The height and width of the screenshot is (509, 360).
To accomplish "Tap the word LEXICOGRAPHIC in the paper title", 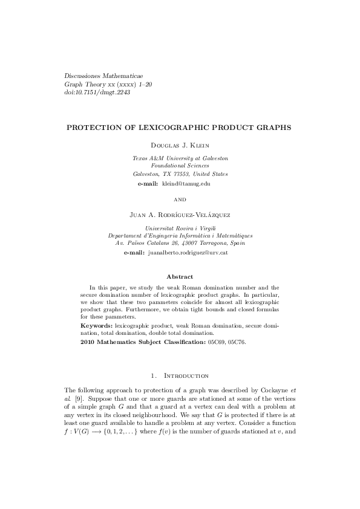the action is tap(166, 128).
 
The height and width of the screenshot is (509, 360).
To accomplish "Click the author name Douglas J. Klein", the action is tap(180, 145).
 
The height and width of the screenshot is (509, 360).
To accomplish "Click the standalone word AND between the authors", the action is tap(180, 199).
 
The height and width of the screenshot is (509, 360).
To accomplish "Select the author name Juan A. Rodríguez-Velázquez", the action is tap(180, 215).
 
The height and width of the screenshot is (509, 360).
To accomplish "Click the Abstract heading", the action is tap(180, 276).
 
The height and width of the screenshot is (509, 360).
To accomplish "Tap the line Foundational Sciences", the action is tap(180, 165).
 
